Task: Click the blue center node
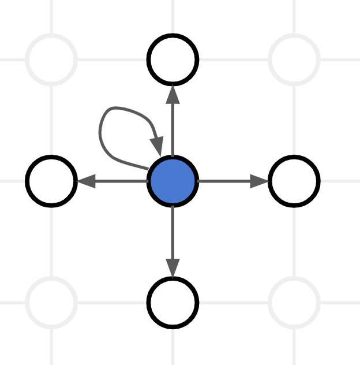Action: point(173,181)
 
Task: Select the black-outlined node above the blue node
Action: point(173,59)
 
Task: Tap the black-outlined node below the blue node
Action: point(173,302)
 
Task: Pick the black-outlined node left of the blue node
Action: point(52,181)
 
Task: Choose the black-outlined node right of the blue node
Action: point(294,181)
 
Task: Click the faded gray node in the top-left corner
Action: point(52,59)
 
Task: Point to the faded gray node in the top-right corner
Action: point(294,59)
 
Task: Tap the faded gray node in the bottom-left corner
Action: point(52,302)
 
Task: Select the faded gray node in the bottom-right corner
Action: point(294,302)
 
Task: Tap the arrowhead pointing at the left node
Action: point(85,181)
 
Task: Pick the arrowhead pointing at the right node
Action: point(260,181)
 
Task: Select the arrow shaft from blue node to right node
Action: point(225,181)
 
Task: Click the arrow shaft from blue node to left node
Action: point(121,181)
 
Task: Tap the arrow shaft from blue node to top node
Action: point(173,130)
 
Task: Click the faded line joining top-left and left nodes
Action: point(52,120)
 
